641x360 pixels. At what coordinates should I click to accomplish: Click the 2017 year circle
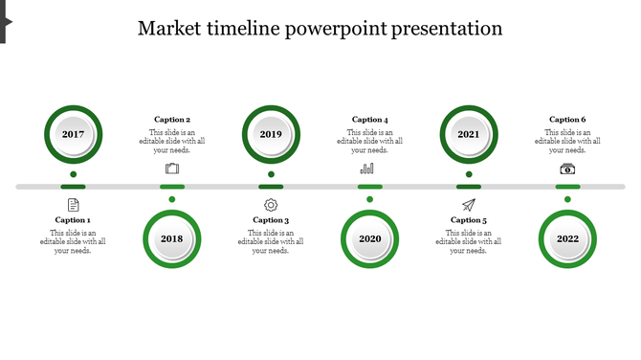[x=73, y=134]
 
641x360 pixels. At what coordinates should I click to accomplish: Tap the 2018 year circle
[x=172, y=239]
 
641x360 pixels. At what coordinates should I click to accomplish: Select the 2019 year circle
[x=271, y=134]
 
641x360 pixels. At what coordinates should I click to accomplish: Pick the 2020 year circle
[x=370, y=239]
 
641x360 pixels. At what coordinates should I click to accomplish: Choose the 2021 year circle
[x=469, y=134]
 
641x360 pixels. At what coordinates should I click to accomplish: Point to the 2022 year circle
[x=567, y=239]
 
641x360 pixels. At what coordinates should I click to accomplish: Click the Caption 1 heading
[x=73, y=220]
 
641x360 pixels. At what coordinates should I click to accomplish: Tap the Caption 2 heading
[x=172, y=120]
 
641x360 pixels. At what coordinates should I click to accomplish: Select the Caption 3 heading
[x=271, y=220]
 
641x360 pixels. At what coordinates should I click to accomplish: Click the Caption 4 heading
[x=370, y=120]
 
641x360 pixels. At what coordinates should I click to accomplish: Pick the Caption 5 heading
[x=469, y=220]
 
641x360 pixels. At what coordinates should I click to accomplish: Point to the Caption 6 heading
[x=567, y=120]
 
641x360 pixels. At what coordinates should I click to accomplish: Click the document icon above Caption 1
[x=73, y=205]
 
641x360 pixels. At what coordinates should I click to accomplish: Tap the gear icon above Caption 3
[x=271, y=205]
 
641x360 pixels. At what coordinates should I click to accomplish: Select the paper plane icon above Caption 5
[x=469, y=205]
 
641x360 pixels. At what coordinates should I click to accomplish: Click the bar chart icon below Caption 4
[x=366, y=169]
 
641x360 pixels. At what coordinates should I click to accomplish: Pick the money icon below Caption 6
[x=567, y=169]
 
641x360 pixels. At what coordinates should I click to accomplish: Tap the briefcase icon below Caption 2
[x=172, y=169]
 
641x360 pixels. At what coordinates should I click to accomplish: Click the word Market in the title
[x=169, y=29]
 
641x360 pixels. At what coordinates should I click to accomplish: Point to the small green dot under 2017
[x=73, y=174]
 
